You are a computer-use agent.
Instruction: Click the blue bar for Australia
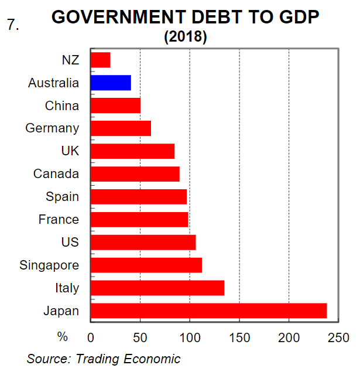point(111,83)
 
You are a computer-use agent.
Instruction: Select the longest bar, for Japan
point(208,311)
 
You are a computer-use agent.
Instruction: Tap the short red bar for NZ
point(101,60)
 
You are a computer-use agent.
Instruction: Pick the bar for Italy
point(157,288)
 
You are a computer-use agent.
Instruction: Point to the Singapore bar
point(146,265)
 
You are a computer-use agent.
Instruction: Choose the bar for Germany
point(121,128)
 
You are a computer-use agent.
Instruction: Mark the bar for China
point(115,105)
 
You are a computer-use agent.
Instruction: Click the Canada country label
point(56,173)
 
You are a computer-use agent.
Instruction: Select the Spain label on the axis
point(63,196)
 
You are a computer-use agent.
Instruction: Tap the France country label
point(59,219)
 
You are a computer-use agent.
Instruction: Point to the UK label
point(70,151)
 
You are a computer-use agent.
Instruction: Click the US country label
point(70,242)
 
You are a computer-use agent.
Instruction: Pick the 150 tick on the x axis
point(239,337)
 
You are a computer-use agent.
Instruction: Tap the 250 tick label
point(338,337)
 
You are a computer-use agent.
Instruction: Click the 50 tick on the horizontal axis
point(140,337)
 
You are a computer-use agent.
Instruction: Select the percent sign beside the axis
point(62,337)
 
